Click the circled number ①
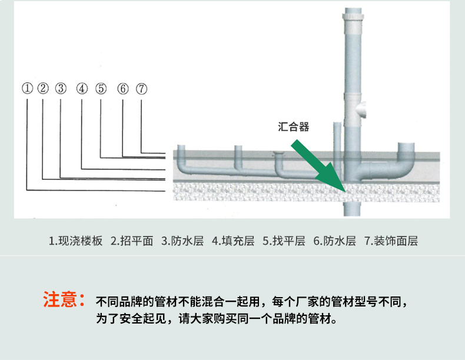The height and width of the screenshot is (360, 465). coord(27,89)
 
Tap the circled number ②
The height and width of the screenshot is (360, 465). coord(42,89)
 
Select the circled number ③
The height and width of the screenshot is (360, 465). coord(61,89)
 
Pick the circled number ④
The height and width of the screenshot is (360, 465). coord(82,89)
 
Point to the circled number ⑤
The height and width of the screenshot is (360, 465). coord(101,89)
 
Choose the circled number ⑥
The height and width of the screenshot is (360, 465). coord(122,89)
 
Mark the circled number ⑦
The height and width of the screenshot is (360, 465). coord(141,89)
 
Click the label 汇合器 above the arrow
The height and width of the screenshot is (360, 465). coord(293,126)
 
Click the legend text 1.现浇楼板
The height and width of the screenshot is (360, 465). coord(75,241)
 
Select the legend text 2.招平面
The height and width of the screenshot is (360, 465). coord(132,241)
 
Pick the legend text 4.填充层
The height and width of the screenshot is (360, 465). coord(233,241)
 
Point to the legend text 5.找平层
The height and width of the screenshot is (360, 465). coord(284,241)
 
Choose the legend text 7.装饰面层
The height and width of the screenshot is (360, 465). coord(391,241)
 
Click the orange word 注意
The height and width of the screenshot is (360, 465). coord(61,299)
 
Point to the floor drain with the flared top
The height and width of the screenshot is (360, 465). coord(279,155)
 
